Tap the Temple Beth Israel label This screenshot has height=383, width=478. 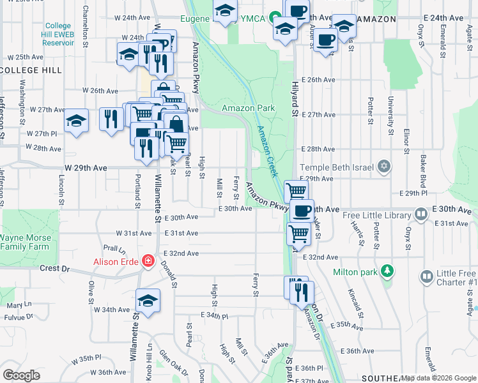coord(335,167)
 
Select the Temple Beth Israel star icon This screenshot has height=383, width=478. coord(383,167)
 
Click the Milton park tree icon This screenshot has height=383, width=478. coord(386,271)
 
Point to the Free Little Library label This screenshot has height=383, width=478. coord(376,215)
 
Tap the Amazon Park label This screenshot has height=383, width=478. coord(248,108)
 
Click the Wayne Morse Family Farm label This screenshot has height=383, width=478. coord(24,242)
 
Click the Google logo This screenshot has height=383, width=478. coord(21,375)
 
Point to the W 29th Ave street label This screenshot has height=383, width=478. coord(86,167)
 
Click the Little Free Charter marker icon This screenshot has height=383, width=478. coord(427,276)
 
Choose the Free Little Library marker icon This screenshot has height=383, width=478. coord(420,214)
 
